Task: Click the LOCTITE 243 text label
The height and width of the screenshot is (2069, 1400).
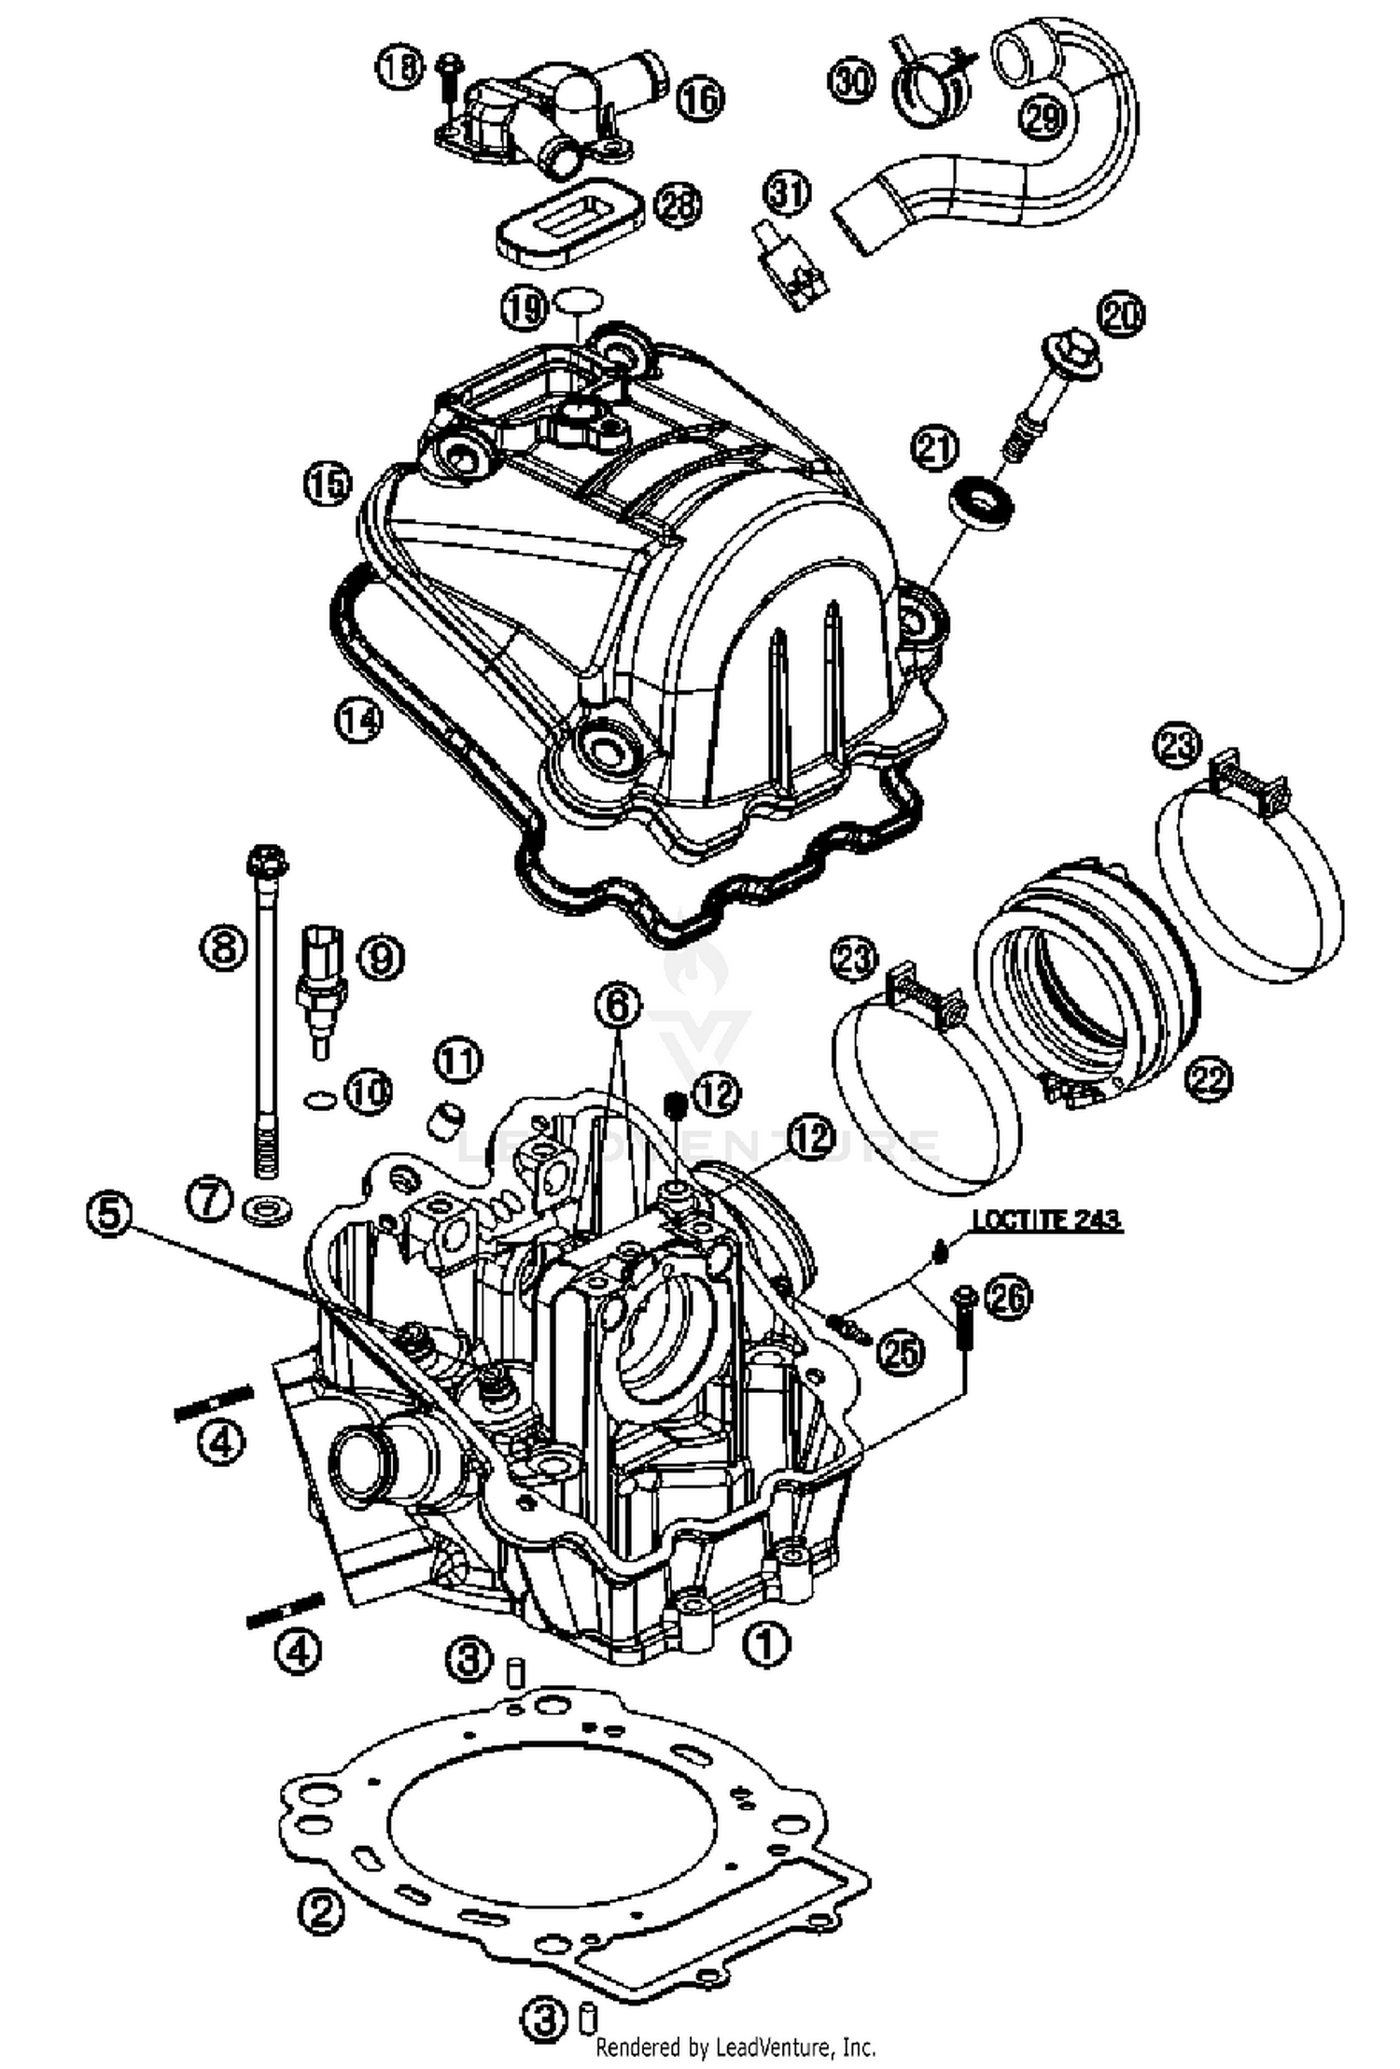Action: pyautogui.click(x=1046, y=1219)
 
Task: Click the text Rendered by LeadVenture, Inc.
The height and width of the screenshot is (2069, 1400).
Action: pyautogui.click(x=735, y=2048)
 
